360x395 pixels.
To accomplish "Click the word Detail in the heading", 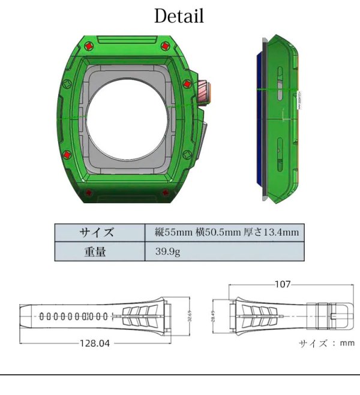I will [179, 17].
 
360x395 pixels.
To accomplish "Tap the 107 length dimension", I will [282, 285].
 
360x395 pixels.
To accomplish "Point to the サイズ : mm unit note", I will [326, 343].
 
